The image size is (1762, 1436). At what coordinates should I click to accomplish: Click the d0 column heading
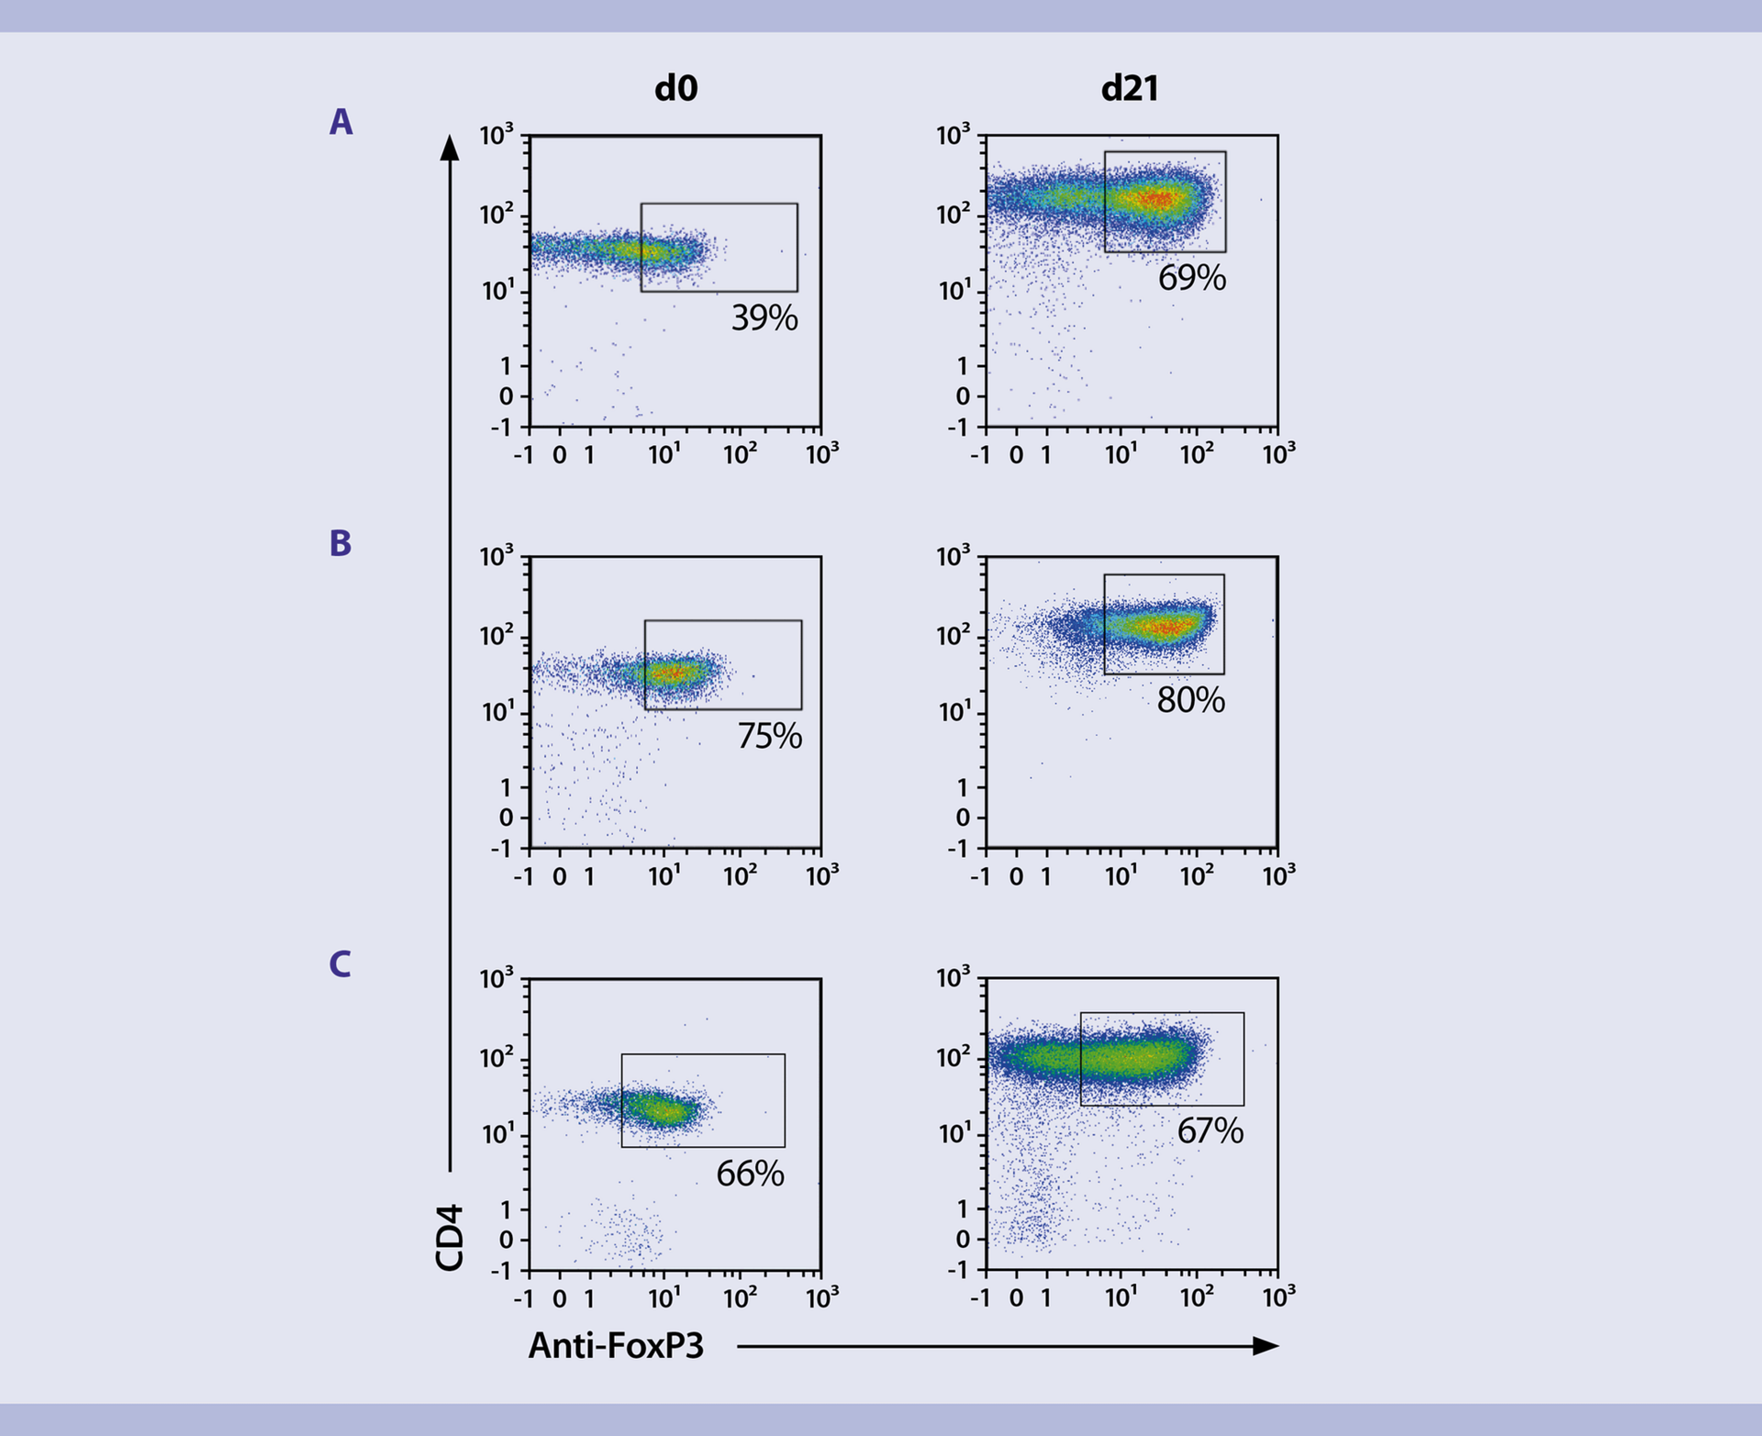(675, 88)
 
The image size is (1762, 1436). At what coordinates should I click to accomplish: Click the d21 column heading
(1129, 88)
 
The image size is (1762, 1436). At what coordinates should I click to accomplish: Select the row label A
(340, 122)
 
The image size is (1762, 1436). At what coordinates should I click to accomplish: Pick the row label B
(340, 543)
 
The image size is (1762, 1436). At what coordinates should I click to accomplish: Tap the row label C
(340, 964)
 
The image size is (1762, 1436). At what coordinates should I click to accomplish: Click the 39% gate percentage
(764, 318)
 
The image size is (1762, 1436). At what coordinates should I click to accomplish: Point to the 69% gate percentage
(1191, 278)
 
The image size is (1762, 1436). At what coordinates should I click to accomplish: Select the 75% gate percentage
(769, 736)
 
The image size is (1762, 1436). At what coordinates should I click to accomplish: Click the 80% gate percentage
(1190, 700)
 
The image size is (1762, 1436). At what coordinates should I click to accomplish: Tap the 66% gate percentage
(750, 1174)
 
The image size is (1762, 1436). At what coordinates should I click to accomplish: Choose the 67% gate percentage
(1210, 1130)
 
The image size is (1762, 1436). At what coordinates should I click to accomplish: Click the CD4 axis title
(450, 1238)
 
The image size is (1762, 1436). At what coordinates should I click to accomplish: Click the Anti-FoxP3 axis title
(616, 1346)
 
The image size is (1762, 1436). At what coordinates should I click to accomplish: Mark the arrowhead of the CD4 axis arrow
(450, 147)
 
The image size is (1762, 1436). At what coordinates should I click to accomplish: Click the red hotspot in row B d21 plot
(1165, 628)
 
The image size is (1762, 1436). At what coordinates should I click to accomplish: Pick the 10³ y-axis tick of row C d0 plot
(496, 980)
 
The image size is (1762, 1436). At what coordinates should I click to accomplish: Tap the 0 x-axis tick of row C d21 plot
(1016, 1298)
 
